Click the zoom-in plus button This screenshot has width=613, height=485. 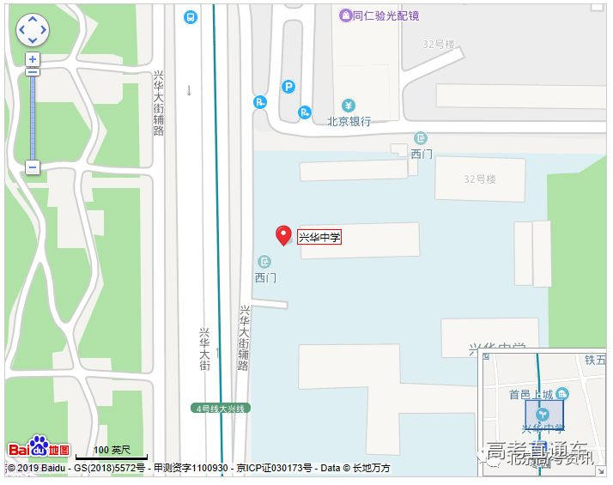33,59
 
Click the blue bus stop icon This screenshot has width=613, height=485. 190,15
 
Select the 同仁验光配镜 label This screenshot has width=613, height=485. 385,15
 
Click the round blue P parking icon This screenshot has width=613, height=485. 288,86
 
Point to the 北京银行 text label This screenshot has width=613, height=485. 349,121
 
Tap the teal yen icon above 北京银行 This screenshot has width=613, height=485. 348,105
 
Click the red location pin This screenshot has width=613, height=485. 282,235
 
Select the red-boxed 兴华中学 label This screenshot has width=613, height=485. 319,237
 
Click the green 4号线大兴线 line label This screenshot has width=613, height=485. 221,409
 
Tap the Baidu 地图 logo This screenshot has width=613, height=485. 39,448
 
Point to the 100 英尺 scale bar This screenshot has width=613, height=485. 112,452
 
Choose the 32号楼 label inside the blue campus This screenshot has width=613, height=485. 480,179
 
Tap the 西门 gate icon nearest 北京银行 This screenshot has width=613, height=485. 420,138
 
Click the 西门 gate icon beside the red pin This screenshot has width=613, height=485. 264,261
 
